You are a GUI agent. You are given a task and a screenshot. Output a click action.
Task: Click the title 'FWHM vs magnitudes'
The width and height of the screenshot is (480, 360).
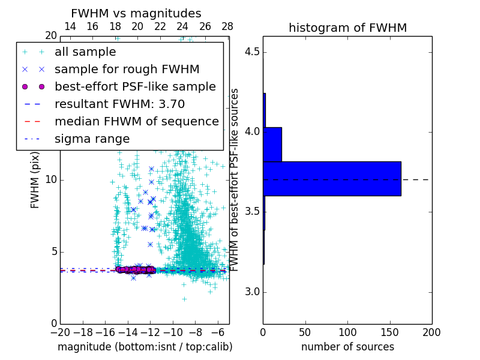click(x=136, y=13)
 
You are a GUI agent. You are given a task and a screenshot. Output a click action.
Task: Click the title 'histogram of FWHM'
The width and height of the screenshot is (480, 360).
click(x=348, y=28)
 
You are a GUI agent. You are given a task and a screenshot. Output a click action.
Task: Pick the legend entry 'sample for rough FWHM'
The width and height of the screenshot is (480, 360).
click(x=127, y=69)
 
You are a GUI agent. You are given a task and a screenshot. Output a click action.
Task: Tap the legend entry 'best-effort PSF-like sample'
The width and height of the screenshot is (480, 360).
click(x=135, y=86)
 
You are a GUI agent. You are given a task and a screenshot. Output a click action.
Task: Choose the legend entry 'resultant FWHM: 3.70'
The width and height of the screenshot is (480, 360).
click(x=119, y=104)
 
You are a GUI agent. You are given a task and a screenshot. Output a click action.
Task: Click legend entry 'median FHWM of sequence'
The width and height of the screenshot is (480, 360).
click(x=136, y=121)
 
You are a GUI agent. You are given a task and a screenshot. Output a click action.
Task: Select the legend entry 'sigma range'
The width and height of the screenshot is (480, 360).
click(x=92, y=139)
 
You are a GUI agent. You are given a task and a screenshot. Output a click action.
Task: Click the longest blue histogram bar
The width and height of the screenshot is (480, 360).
click(x=332, y=179)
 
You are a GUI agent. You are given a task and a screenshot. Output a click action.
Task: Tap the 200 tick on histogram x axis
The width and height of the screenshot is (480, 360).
click(x=431, y=332)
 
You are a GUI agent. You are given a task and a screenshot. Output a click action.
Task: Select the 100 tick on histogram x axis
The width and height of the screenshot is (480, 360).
click(x=347, y=332)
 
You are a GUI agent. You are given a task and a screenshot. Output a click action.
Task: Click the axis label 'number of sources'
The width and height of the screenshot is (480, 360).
click(x=347, y=347)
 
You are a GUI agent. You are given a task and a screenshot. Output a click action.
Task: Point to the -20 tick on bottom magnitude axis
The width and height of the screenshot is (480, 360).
click(x=60, y=332)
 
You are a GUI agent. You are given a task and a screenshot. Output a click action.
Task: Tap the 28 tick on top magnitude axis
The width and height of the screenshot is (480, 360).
click(x=227, y=26)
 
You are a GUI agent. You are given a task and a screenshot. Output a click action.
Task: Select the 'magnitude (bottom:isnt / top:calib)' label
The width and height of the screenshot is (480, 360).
click(x=145, y=347)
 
